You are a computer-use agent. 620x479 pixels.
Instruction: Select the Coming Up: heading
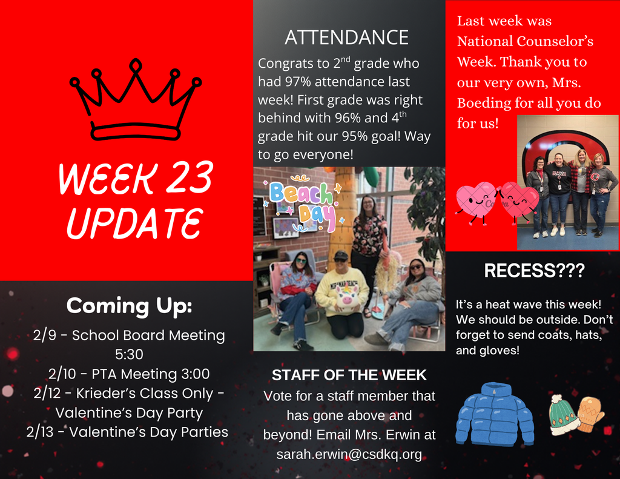click(x=129, y=305)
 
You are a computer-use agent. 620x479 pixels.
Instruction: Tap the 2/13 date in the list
click(x=42, y=432)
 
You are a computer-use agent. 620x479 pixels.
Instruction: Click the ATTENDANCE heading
click(x=346, y=38)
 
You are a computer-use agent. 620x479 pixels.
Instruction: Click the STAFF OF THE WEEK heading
click(x=349, y=375)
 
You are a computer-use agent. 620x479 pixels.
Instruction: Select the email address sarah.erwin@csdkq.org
click(x=349, y=454)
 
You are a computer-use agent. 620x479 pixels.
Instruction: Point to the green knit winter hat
click(x=563, y=415)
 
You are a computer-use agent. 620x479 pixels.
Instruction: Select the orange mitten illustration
click(x=590, y=414)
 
